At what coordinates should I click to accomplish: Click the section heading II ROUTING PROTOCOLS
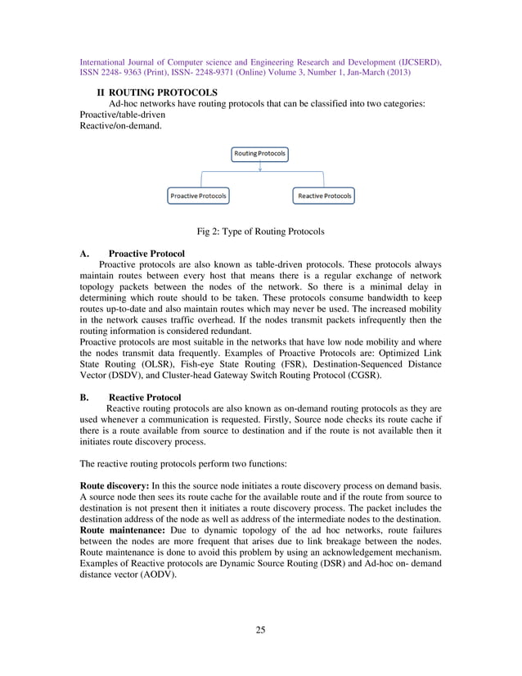pos(157,92)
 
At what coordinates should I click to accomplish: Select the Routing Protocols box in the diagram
pos(260,153)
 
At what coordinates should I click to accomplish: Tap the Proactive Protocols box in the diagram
pos(198,196)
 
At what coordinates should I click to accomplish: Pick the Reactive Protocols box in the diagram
pos(324,196)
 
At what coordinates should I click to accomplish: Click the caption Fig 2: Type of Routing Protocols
pos(260,232)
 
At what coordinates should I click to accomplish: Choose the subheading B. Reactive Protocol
pos(129,396)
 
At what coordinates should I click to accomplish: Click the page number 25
pos(260,629)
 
